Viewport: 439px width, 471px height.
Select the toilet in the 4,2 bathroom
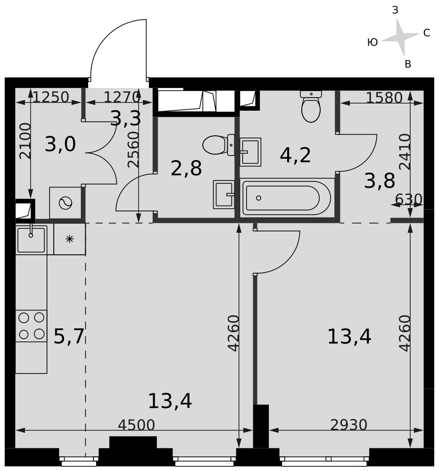(x=311, y=106)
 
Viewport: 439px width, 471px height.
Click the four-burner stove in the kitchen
(x=31, y=326)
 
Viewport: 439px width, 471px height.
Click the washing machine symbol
(x=66, y=203)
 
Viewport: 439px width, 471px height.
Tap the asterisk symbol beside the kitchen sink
(x=70, y=239)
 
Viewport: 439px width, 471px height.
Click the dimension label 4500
(x=136, y=425)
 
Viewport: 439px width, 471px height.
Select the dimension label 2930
(x=349, y=425)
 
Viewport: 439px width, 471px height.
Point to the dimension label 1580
(x=384, y=97)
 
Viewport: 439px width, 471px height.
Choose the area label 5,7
(x=69, y=336)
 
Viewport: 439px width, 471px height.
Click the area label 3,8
(x=380, y=181)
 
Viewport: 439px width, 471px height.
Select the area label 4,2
(x=295, y=155)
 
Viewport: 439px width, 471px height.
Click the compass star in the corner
(x=400, y=37)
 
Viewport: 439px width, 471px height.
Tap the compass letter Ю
(x=373, y=42)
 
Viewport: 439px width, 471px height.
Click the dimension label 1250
(x=51, y=97)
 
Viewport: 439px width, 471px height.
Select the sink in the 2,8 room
(x=224, y=195)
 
